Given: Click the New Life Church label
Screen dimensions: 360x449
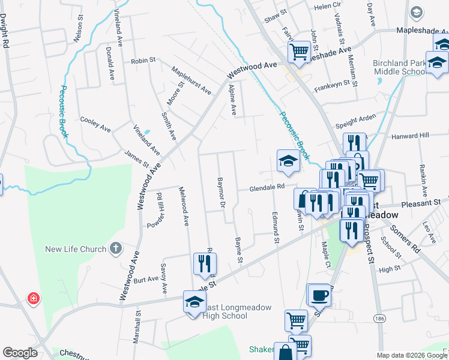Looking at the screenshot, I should click(x=75, y=249).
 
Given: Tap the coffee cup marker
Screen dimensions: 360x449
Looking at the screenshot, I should click(x=319, y=295).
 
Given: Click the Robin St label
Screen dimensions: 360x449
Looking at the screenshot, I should click(x=143, y=61).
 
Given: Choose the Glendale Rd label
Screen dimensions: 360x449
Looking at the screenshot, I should click(x=267, y=188).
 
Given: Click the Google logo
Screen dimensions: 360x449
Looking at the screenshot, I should click(x=20, y=353).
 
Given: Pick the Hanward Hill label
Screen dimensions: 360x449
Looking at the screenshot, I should click(x=411, y=136).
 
